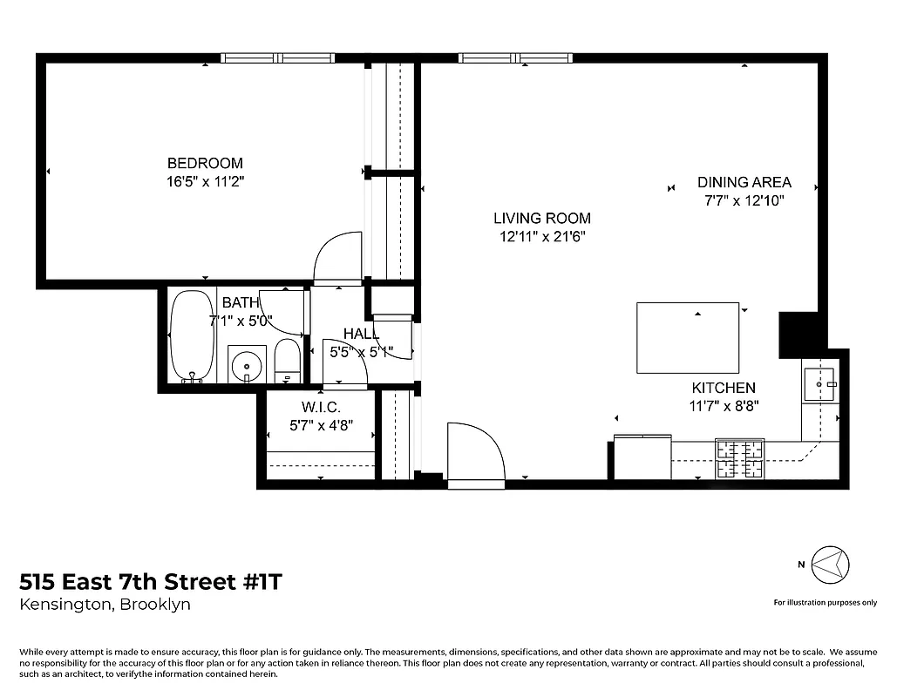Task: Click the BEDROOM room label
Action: coord(205,163)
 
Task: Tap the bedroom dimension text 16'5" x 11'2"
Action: coord(205,181)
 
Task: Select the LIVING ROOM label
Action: coord(541,219)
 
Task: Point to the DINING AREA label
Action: coord(744,182)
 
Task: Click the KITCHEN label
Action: coord(724,388)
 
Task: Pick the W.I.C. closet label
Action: coord(321,408)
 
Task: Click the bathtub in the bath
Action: coord(191,336)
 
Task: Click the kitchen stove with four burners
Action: coord(739,458)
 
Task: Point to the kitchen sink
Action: coord(819,383)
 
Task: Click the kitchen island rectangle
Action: coord(688,337)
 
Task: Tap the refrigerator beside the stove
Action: coord(642,457)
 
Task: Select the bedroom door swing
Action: coord(337,257)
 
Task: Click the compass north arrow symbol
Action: coord(829,564)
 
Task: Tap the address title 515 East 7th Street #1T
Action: coord(151,582)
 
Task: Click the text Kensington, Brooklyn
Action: coord(105,605)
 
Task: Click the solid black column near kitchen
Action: coord(796,334)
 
